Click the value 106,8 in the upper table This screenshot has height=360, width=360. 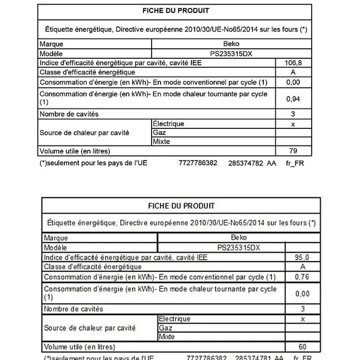[293, 63]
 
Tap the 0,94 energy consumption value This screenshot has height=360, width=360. [293, 99]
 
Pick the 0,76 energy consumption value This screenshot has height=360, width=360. [302, 277]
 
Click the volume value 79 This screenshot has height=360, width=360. [293, 151]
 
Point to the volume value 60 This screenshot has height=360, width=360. [302, 347]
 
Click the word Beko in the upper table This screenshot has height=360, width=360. [231, 44]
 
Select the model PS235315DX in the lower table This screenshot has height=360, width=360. [239, 248]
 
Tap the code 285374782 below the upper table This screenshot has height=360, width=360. [245, 163]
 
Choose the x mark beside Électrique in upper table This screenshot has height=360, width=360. [293, 124]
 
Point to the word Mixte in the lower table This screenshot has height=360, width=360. [167, 337]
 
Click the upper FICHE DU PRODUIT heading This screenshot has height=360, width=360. [176, 10]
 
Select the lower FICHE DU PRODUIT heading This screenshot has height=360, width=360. [181, 206]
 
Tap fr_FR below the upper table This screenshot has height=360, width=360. [295, 163]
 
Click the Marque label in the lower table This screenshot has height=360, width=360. [56, 238]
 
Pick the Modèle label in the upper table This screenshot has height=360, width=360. [51, 53]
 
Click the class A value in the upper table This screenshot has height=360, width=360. [293, 72]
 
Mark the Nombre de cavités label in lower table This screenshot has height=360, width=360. [73, 308]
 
